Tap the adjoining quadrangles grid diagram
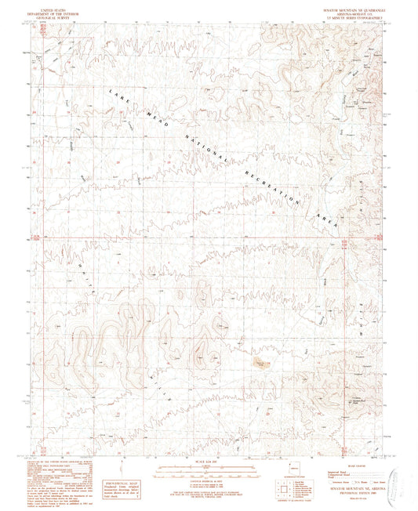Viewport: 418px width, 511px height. click(283, 492)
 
